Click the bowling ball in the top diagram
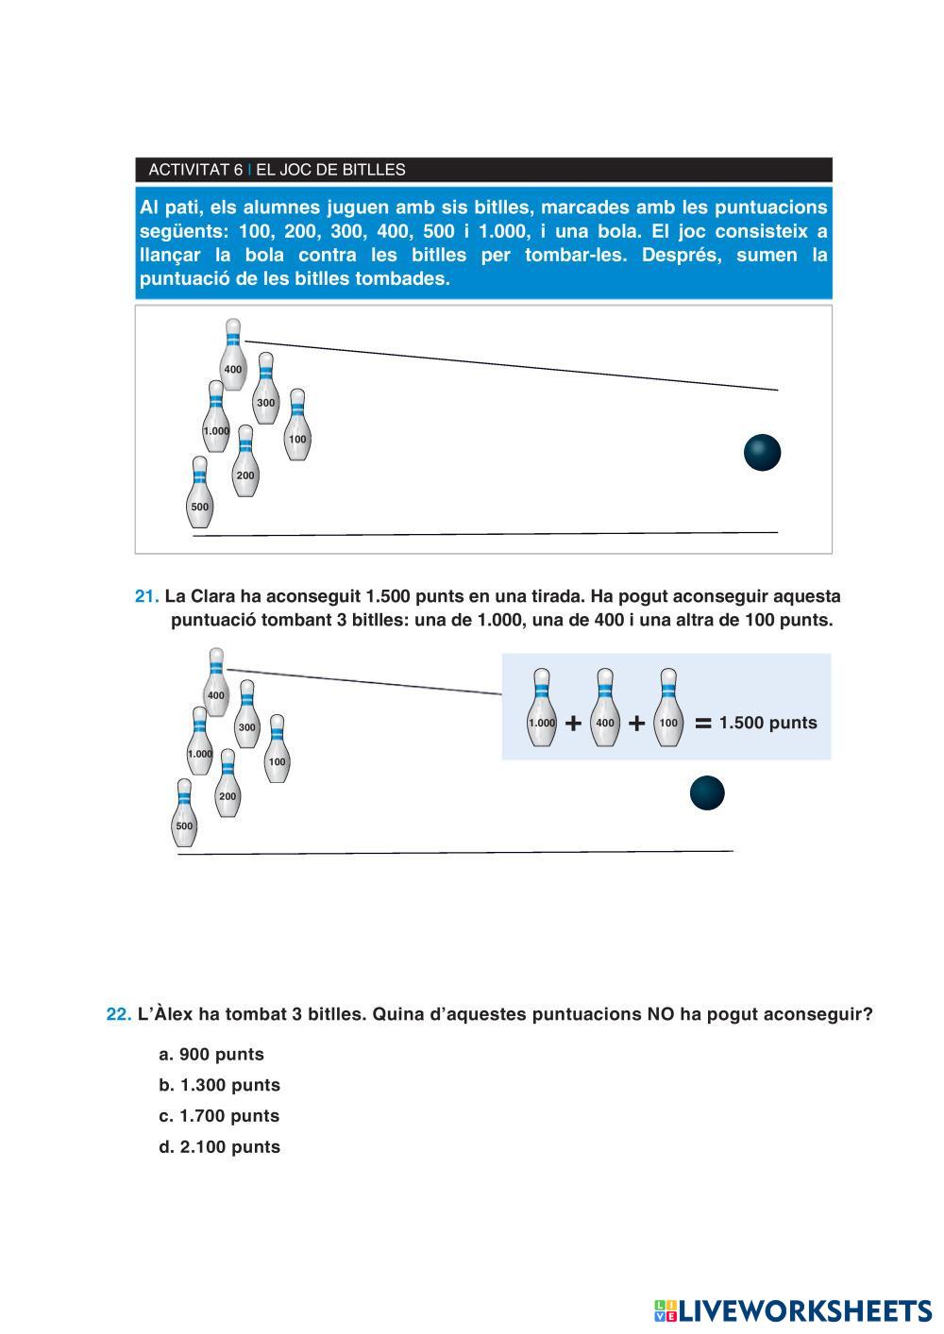762,453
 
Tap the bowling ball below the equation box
707,793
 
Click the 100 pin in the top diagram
297,425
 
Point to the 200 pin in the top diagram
245,461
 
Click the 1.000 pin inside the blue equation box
541,709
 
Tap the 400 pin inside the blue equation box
604,709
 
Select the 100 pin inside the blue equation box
668,709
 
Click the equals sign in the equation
702,724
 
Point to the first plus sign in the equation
573,724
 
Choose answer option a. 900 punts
212,1055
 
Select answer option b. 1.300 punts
220,1085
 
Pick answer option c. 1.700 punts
220,1116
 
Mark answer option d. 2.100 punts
220,1147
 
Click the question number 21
146,596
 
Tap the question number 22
118,1014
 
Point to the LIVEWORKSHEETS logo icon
666,1310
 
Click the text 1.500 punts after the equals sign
767,723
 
